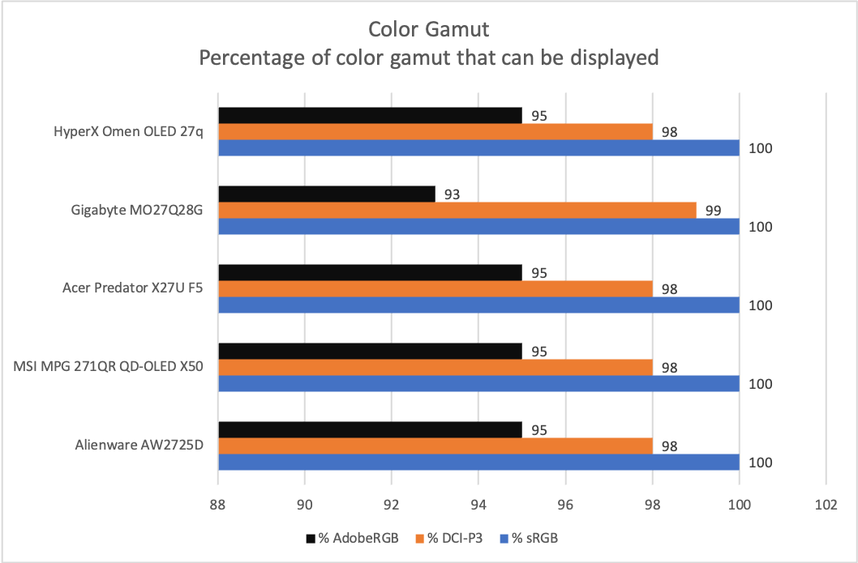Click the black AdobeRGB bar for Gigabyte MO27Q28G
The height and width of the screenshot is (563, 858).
(327, 194)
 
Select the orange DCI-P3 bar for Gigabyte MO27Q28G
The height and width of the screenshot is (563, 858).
(457, 211)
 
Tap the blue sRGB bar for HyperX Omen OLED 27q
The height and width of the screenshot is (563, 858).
(478, 147)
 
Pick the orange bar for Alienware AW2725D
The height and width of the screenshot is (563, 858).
(435, 446)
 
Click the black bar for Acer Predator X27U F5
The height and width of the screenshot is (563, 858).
(371, 273)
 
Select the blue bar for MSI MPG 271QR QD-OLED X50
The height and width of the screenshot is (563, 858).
(478, 383)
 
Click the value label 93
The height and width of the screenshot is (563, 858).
(452, 194)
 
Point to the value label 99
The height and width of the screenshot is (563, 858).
(713, 211)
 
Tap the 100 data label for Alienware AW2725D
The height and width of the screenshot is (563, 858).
(761, 463)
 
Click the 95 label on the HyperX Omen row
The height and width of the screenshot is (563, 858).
(538, 116)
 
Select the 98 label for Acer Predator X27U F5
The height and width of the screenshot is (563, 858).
(669, 289)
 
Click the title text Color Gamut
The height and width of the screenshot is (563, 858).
(428, 30)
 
